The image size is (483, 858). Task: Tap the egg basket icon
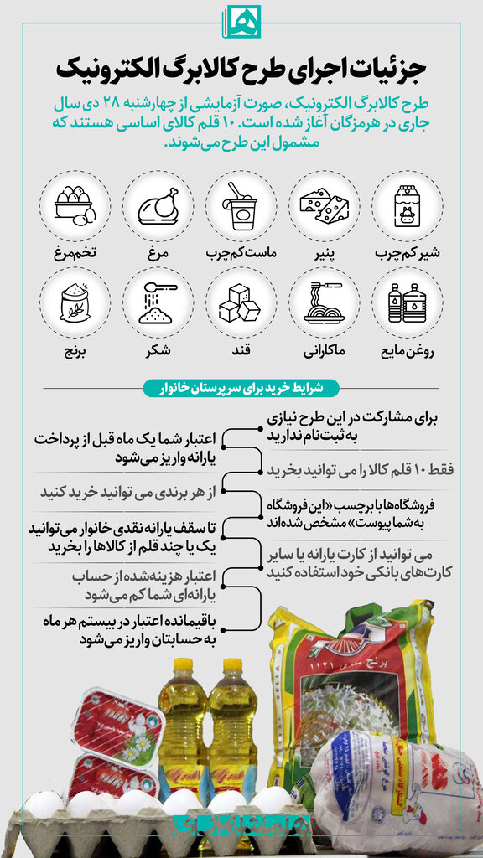(x=74, y=206)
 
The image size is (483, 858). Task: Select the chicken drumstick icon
(x=158, y=206)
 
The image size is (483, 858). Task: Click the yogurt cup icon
(x=241, y=206)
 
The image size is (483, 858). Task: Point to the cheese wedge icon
(x=325, y=206)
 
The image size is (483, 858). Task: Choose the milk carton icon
(x=408, y=206)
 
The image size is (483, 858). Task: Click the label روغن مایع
(x=408, y=349)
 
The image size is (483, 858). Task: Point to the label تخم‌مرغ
(x=74, y=252)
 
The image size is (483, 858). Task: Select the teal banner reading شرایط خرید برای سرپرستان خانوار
(x=241, y=388)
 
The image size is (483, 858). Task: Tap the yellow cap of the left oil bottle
(x=180, y=667)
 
